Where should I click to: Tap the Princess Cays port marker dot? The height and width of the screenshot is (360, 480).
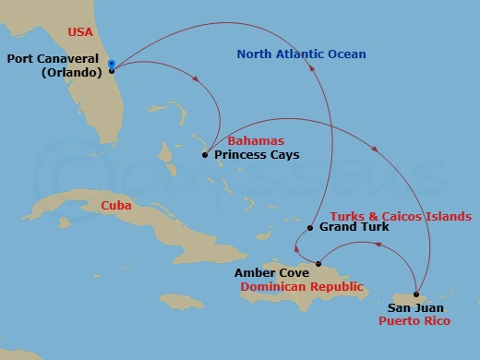[204, 156]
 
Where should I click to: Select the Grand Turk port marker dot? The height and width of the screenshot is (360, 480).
[311, 228]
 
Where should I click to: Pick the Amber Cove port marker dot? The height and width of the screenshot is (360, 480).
[318, 265]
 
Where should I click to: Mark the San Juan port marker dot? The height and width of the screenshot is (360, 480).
[416, 294]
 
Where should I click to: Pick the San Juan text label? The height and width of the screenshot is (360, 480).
[415, 308]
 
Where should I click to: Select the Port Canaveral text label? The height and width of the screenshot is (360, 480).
[54, 59]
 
